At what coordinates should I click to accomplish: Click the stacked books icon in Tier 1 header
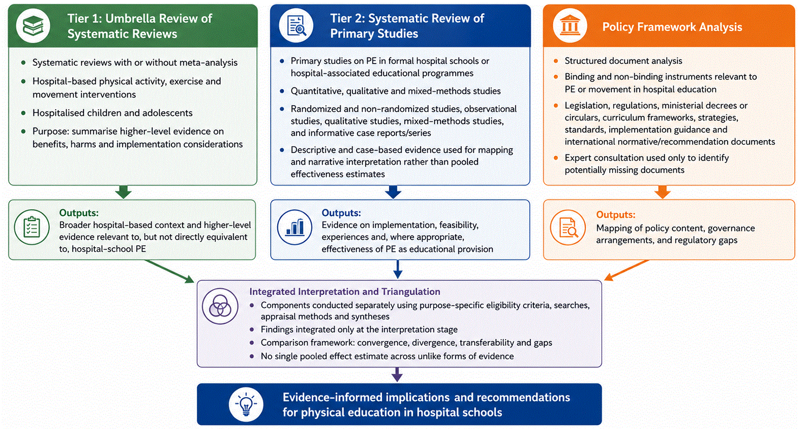click(x=33, y=26)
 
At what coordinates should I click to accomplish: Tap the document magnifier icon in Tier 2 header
click(x=296, y=26)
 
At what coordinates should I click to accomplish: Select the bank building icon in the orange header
click(x=570, y=26)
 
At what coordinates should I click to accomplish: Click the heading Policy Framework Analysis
click(x=672, y=27)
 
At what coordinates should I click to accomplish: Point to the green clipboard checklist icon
click(x=32, y=227)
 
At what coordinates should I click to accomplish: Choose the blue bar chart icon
click(x=295, y=227)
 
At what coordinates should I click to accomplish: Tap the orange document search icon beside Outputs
click(x=567, y=227)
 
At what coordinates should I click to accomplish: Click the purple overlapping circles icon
click(x=220, y=306)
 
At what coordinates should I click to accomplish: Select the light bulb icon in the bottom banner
click(x=246, y=405)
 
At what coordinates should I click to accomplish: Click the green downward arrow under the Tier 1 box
click(x=124, y=192)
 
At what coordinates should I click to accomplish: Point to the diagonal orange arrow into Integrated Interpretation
click(x=627, y=270)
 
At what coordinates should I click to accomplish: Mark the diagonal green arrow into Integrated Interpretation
click(x=170, y=271)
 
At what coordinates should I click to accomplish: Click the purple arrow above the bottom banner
click(x=397, y=374)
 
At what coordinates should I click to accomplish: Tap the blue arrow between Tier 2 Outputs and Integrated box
click(x=398, y=269)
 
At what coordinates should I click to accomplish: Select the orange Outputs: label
click(x=616, y=214)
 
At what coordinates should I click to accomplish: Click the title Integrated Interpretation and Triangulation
click(x=345, y=292)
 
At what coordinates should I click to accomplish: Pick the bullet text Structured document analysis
click(x=623, y=61)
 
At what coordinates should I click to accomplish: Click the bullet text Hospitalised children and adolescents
click(x=112, y=113)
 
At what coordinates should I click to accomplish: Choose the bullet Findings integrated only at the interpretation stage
click(x=359, y=329)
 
